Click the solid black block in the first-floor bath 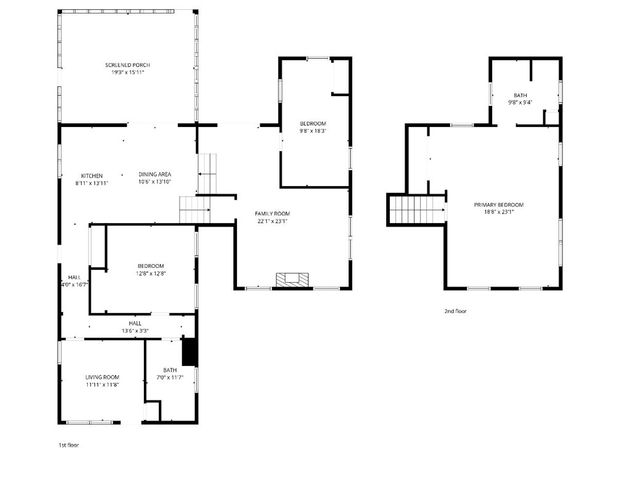click(x=189, y=353)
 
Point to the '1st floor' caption click(x=68, y=444)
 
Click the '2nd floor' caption click(x=455, y=311)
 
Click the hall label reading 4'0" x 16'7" click(x=74, y=280)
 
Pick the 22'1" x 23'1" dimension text click(x=271, y=221)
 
